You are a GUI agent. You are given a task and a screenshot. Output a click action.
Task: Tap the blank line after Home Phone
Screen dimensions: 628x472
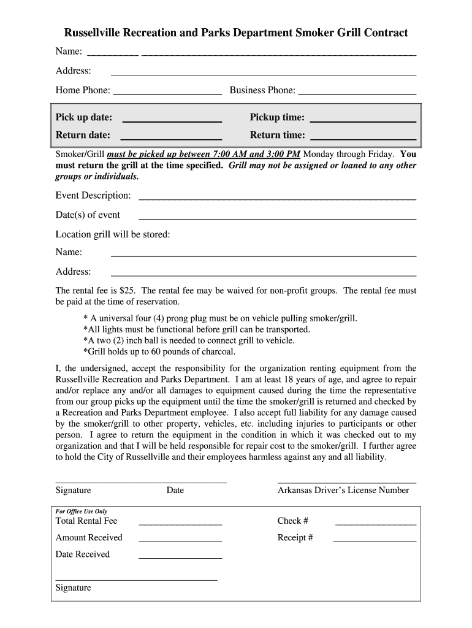[167, 94]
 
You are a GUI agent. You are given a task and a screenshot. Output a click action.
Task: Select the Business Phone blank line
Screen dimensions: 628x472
[357, 94]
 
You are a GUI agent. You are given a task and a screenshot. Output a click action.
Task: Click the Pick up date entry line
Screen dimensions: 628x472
[171, 121]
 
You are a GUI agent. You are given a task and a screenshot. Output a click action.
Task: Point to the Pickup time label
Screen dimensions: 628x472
[277, 117]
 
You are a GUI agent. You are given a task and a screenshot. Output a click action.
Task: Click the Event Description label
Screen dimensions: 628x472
[93, 195]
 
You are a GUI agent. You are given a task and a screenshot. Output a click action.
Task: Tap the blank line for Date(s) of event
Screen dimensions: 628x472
[277, 218]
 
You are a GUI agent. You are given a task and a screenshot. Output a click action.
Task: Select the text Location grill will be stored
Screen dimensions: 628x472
[113, 234]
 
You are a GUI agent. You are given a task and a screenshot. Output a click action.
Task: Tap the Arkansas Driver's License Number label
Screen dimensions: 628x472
[343, 490]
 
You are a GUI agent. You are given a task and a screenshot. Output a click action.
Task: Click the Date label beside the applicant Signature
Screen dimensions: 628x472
[175, 490]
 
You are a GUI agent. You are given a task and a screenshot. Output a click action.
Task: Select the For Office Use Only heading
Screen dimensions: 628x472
[82, 511]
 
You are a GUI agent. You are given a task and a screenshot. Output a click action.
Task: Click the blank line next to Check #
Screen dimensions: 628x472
[375, 524]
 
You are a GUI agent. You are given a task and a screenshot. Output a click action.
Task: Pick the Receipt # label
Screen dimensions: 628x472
[295, 538]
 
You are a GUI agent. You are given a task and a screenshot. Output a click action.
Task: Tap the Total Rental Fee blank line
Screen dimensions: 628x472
[180, 524]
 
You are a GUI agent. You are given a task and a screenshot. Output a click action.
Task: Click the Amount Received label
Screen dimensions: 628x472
[89, 538]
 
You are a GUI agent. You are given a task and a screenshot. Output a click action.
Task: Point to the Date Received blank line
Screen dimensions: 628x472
[180, 557]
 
